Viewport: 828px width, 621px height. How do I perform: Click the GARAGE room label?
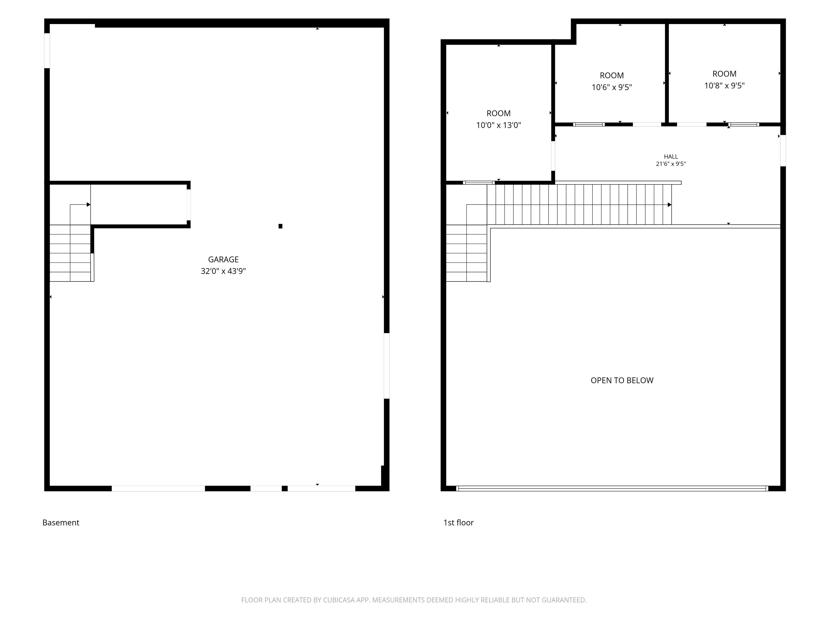click(x=223, y=259)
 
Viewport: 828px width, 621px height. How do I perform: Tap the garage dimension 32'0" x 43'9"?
click(x=223, y=271)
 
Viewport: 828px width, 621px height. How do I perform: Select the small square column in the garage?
click(x=280, y=226)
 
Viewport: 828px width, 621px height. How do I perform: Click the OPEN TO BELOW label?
click(x=622, y=380)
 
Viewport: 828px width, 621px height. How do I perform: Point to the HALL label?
click(x=671, y=157)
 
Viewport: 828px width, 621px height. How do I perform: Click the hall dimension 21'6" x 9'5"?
click(x=671, y=164)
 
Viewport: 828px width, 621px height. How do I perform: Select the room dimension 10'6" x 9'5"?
click(x=612, y=87)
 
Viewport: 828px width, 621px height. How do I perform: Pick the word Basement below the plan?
click(x=61, y=523)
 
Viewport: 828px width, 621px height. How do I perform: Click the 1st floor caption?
click(x=458, y=523)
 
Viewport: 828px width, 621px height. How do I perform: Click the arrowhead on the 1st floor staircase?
click(x=670, y=205)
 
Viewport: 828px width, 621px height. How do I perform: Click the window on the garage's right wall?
click(x=387, y=366)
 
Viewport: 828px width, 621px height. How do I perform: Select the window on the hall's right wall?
click(x=783, y=150)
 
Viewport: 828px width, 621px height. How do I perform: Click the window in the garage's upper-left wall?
click(x=47, y=50)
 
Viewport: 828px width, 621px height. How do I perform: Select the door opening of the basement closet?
click(x=189, y=205)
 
